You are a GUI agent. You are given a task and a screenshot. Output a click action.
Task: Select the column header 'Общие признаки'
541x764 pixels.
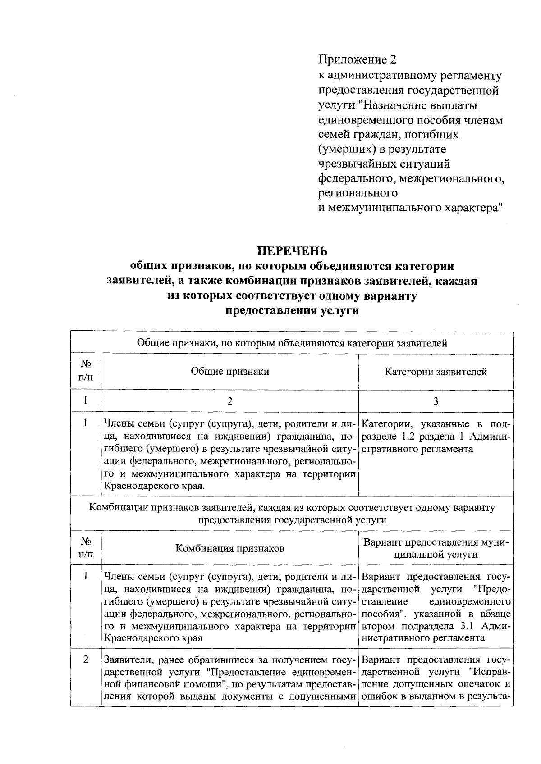[x=230, y=372]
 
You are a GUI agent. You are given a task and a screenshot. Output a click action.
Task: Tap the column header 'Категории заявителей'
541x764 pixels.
[x=436, y=372]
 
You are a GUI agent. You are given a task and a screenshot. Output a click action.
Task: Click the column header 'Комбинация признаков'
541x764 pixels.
[x=230, y=548]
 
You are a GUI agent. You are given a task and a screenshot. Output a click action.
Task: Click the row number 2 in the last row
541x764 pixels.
[x=86, y=659]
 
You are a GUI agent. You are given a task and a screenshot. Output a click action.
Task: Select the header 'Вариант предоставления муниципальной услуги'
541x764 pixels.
[x=436, y=548]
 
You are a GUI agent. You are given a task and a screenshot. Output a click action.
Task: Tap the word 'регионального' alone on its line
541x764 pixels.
[x=358, y=193]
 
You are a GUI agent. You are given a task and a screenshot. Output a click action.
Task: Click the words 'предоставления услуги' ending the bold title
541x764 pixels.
[x=292, y=311]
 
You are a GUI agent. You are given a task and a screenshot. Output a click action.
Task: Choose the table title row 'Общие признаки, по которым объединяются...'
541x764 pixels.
[x=292, y=343]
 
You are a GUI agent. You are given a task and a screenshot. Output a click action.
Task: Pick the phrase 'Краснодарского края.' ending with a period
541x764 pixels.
[x=154, y=486]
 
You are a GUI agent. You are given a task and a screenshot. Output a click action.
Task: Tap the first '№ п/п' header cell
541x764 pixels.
[x=86, y=372]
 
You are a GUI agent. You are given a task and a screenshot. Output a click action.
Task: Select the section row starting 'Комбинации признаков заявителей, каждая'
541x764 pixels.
[x=292, y=514]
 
